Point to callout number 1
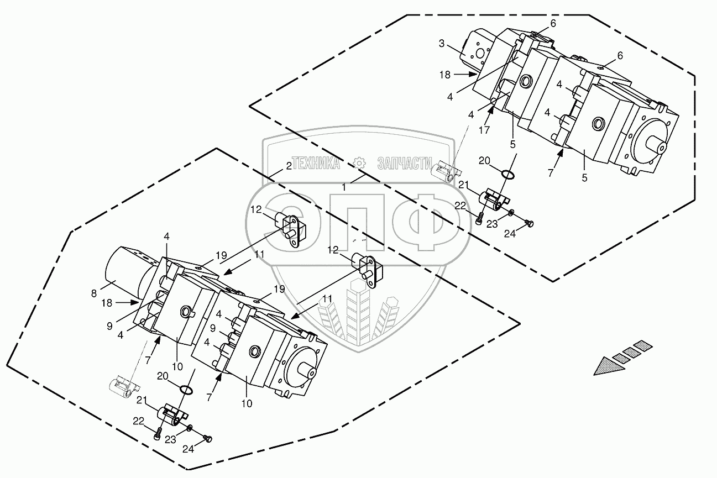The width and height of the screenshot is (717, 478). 344,187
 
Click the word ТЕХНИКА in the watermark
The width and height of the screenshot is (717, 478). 315,162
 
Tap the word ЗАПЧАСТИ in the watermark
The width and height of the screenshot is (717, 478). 405,162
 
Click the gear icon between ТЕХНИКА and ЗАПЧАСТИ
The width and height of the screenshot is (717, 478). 359,162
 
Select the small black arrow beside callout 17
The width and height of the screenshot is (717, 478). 490,117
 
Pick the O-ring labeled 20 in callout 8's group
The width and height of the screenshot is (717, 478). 187,391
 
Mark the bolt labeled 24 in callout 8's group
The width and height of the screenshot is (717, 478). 208,438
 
